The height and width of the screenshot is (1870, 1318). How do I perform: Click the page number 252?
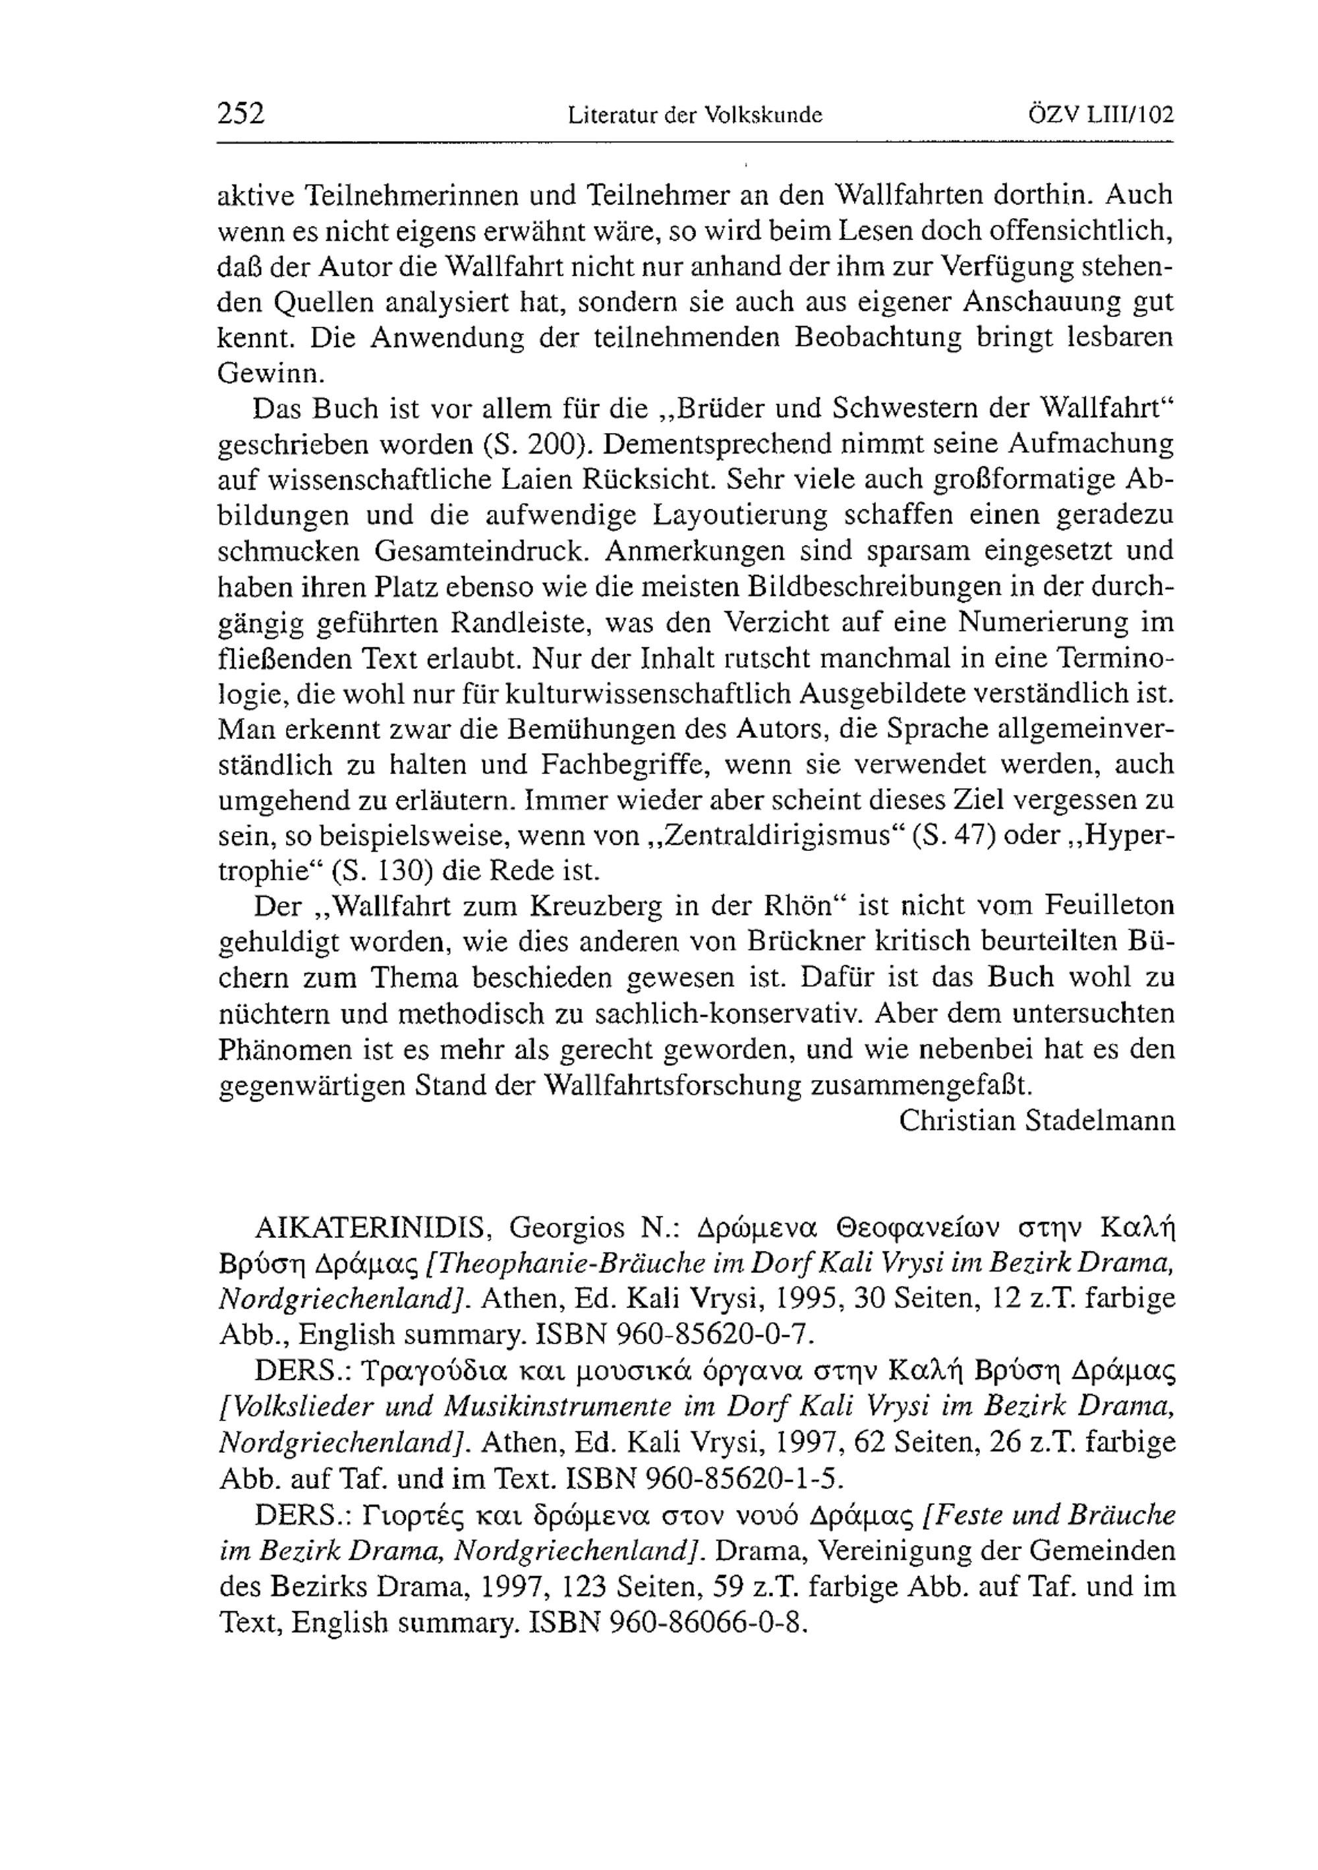tap(241, 113)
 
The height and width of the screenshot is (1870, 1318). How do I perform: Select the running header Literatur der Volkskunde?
tap(695, 115)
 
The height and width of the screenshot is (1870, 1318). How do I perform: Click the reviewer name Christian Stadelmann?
tap(1037, 1121)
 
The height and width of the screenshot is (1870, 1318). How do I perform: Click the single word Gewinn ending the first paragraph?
tap(271, 373)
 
